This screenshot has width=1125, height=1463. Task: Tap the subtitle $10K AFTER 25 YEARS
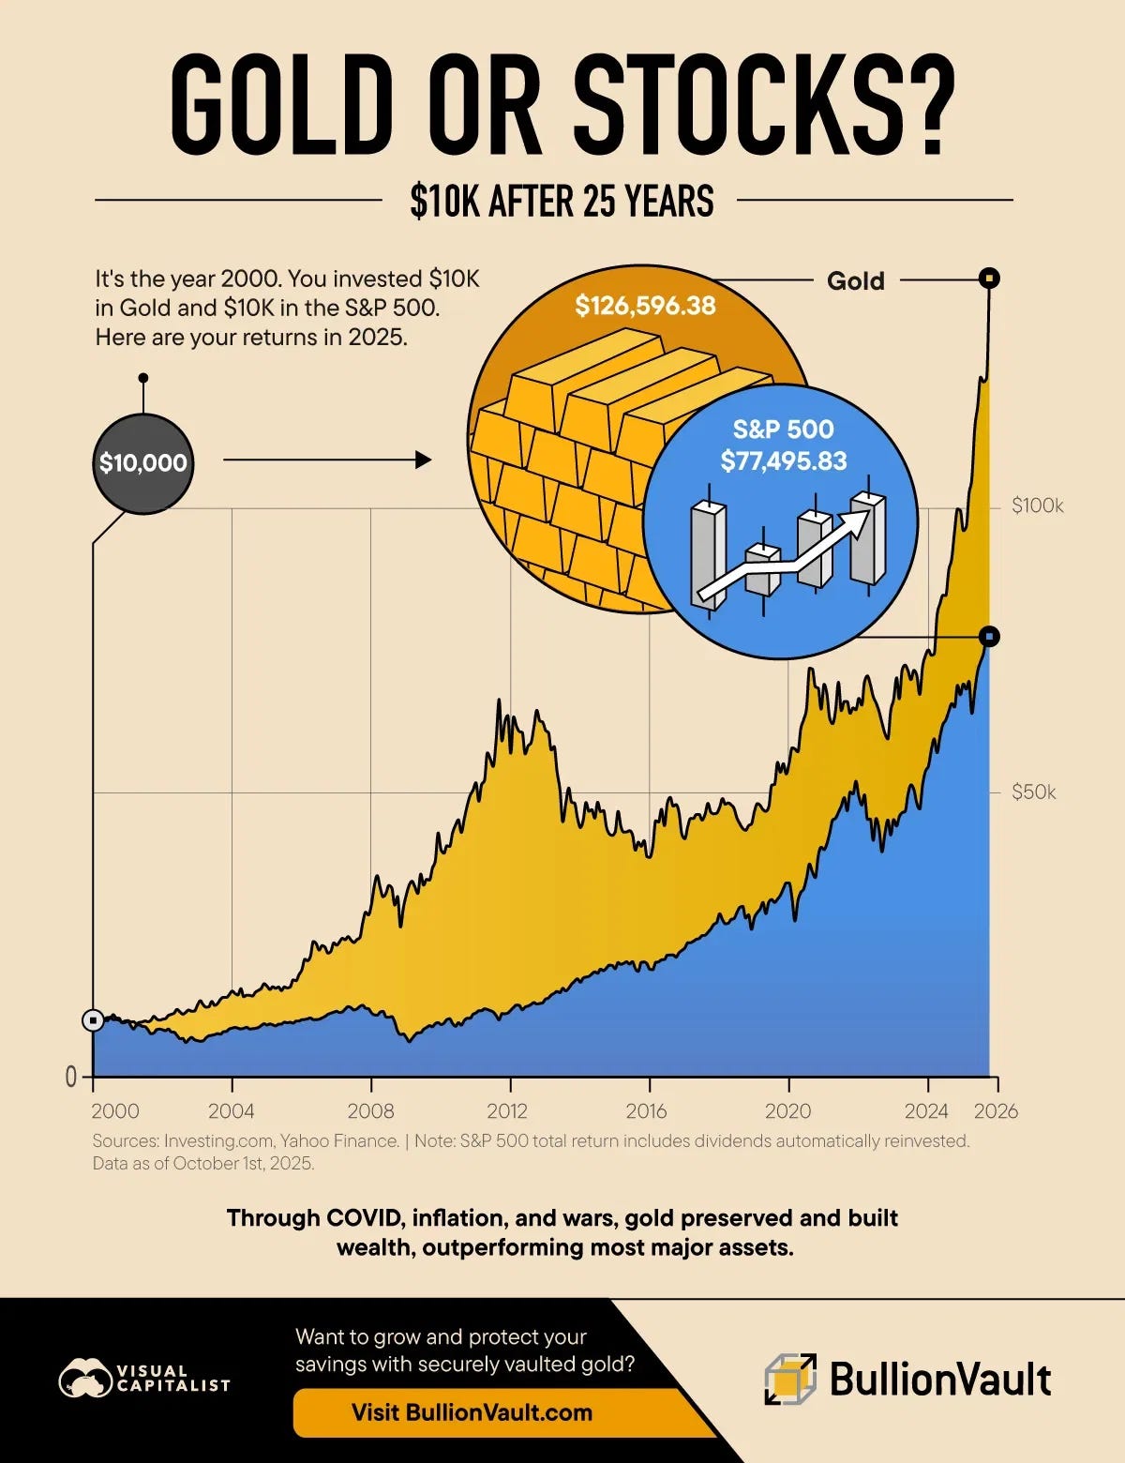[562, 201]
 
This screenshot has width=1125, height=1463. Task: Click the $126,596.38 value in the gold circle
[645, 306]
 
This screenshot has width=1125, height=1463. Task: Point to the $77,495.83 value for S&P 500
[783, 461]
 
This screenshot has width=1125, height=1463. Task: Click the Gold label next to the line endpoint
[855, 280]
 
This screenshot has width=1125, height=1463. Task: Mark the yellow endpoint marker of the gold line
[989, 278]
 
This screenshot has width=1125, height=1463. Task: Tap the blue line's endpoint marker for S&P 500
[989, 637]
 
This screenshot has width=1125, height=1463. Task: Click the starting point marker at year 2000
[93, 1020]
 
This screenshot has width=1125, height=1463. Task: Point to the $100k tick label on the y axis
[1037, 506]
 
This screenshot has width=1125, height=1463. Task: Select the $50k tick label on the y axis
[1033, 792]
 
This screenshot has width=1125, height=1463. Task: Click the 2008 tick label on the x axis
[370, 1111]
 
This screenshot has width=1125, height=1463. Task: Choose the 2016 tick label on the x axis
[646, 1111]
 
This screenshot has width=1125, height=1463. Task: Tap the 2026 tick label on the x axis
[996, 1111]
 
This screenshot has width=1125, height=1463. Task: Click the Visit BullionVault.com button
[472, 1412]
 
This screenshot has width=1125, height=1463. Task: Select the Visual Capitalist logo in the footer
[144, 1380]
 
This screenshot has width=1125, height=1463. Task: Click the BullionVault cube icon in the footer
[789, 1380]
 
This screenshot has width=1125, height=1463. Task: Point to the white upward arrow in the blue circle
[783, 560]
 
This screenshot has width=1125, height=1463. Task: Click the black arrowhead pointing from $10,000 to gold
[424, 460]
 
